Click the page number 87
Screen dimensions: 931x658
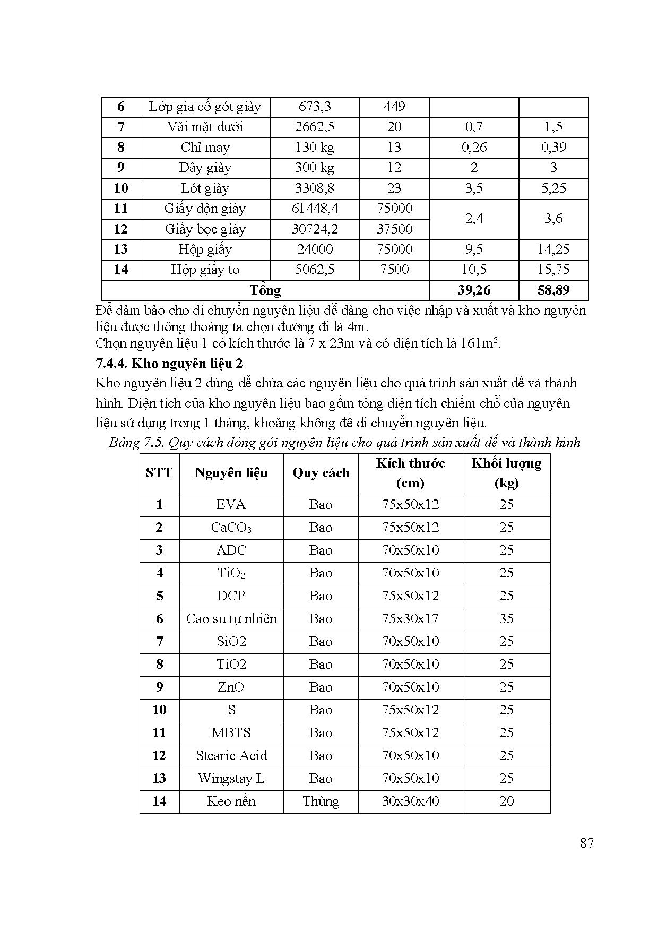click(586, 843)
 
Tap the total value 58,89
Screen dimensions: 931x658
click(553, 290)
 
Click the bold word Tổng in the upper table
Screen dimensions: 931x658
click(265, 290)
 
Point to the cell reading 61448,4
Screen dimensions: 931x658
click(315, 209)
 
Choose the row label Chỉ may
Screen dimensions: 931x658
click(205, 148)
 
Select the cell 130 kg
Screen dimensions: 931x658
click(315, 148)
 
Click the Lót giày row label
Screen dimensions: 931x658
click(205, 188)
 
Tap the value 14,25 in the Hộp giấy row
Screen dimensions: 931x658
click(553, 249)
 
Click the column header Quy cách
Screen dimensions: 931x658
click(321, 473)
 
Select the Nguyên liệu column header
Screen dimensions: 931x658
click(231, 473)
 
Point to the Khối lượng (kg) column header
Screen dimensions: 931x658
click(506, 473)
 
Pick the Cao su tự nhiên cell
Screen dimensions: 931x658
click(231, 619)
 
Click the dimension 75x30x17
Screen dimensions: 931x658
click(410, 619)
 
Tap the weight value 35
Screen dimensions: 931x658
click(506, 619)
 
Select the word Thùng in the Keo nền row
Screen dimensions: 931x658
click(321, 801)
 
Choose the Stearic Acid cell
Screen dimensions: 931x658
click(231, 756)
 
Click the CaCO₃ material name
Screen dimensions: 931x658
click(231, 528)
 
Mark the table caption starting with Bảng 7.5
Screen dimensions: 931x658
click(344, 443)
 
